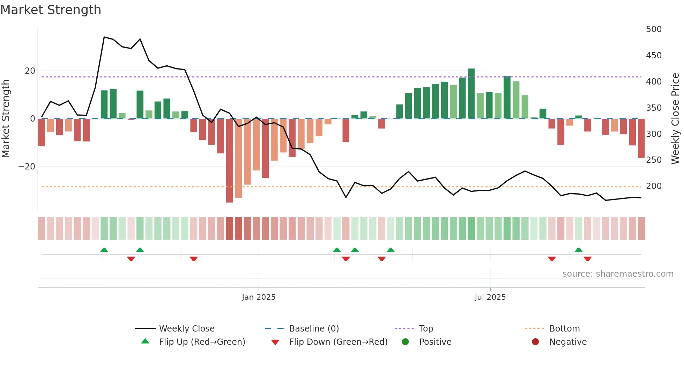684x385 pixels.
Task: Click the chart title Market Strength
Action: point(51,10)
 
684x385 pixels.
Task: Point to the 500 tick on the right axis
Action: point(653,29)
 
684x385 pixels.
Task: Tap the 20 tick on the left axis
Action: point(30,71)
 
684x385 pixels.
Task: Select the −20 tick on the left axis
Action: point(27,167)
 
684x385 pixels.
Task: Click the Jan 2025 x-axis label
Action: point(259,297)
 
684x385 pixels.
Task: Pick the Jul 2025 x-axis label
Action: point(490,297)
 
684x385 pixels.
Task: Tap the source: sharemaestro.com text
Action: point(618,274)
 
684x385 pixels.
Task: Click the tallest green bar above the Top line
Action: point(471,94)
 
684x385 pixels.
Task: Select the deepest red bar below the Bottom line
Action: point(229,161)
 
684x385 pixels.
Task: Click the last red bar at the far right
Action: point(641,138)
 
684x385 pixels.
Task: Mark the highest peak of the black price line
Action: point(104,37)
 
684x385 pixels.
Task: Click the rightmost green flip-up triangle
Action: point(579,250)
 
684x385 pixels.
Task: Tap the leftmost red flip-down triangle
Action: point(131,259)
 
